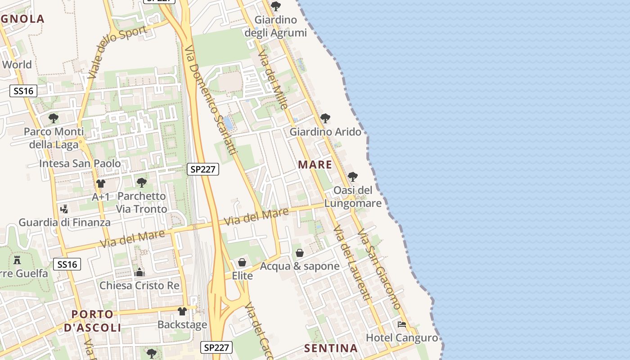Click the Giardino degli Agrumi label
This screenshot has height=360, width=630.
(275, 26)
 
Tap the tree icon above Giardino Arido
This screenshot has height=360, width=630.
(325, 118)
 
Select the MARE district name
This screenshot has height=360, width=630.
(315, 165)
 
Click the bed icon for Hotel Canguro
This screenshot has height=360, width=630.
(402, 324)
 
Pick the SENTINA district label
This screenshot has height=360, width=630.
(331, 348)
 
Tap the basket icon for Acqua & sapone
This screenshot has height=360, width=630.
(299, 253)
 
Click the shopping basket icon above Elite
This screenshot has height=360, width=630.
(242, 262)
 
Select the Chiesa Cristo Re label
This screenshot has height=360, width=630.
(139, 285)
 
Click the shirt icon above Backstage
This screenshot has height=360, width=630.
(182, 311)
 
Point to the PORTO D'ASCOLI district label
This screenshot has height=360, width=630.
(93, 320)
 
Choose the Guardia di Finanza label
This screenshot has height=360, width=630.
(64, 222)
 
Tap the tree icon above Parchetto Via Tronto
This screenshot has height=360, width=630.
(142, 182)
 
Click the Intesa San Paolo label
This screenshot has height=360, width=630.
(80, 163)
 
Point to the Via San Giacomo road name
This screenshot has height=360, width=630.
(379, 269)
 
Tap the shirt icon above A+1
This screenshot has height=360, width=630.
(101, 184)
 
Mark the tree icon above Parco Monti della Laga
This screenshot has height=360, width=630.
(54, 118)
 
